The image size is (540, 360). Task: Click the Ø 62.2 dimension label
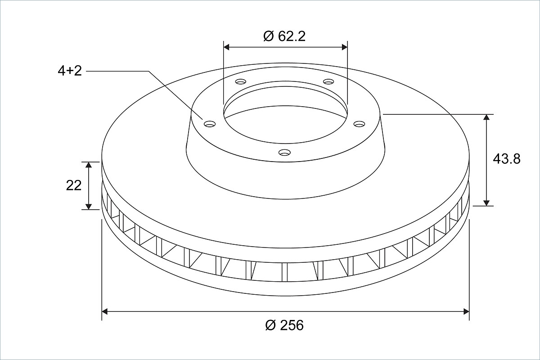tap(284, 36)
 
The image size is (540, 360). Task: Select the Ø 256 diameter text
tap(284, 325)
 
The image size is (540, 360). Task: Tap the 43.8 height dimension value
tap(507, 159)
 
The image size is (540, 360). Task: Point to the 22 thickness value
tap(73, 186)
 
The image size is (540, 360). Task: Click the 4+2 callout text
tap(70, 71)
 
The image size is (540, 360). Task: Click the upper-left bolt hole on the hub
tap(241, 82)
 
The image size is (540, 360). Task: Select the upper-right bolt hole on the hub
tap(328, 82)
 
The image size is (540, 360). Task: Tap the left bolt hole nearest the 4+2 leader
tap(210, 124)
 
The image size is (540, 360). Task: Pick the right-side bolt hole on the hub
tap(359, 124)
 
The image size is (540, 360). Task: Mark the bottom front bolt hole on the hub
tap(284, 152)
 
